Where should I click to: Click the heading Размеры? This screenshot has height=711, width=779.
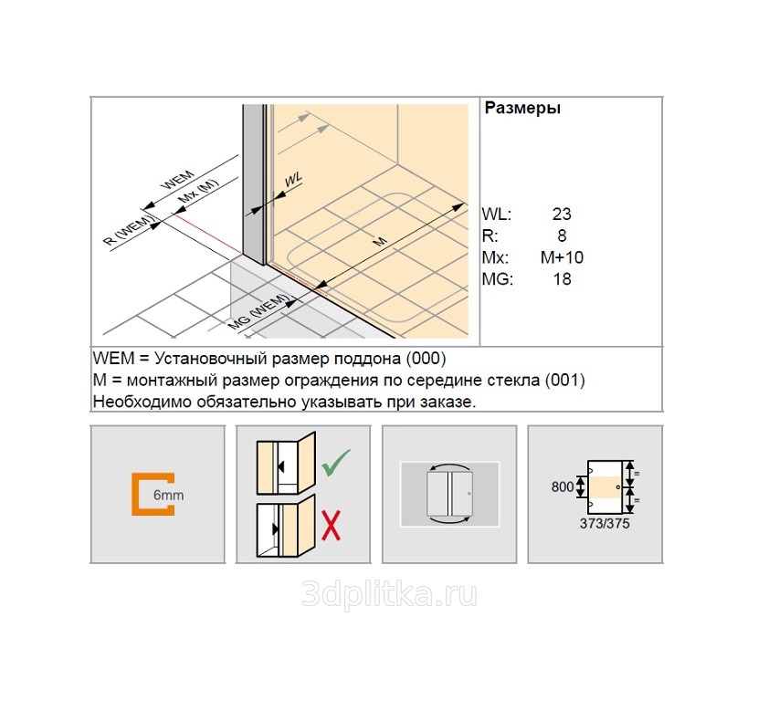tap(521, 108)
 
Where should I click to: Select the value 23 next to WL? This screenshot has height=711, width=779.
tap(562, 214)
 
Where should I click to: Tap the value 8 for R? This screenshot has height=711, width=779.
tap(563, 236)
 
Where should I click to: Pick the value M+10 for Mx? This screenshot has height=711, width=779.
tap(562, 257)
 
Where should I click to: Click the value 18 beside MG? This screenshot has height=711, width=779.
tap(563, 279)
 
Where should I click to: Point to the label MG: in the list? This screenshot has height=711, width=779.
tap(498, 279)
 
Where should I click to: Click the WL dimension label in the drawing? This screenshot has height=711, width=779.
tap(293, 180)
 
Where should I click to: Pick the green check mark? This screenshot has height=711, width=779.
tap(337, 465)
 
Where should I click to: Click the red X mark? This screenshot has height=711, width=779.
tap(331, 524)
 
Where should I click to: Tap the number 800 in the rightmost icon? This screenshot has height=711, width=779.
tap(563, 487)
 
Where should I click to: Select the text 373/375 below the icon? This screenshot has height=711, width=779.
tap(605, 525)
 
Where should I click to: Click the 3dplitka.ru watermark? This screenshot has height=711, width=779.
tap(389, 595)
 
